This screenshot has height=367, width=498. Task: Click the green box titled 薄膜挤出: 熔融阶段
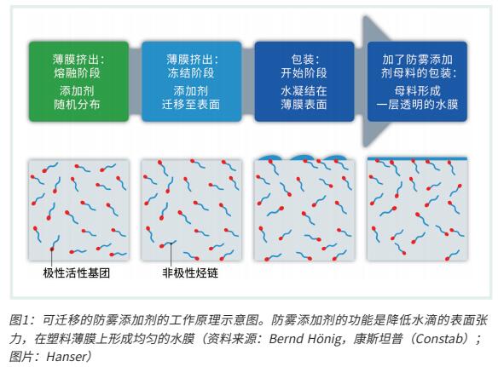pyautogui.click(x=78, y=82)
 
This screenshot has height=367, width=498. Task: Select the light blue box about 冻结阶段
pyautogui.click(x=191, y=82)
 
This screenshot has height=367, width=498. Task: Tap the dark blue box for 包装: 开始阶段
pyautogui.click(x=304, y=82)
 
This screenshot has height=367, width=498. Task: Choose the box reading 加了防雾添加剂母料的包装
pyautogui.click(x=417, y=82)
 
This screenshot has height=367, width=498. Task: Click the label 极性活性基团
pyautogui.click(x=77, y=273)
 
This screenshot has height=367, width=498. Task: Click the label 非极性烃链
pyautogui.click(x=190, y=273)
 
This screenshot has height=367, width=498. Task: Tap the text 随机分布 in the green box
pyautogui.click(x=77, y=105)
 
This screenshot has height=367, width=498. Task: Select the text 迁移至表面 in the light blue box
pyautogui.click(x=191, y=105)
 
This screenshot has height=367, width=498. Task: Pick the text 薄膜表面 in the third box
pyautogui.click(x=304, y=105)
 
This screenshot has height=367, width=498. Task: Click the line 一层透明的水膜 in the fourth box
pyautogui.click(x=417, y=105)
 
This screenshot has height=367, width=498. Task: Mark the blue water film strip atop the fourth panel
pyautogui.click(x=417, y=158)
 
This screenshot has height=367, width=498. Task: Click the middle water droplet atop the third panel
pyautogui.click(x=304, y=158)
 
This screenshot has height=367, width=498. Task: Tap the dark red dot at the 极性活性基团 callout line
pyautogui.click(x=52, y=249)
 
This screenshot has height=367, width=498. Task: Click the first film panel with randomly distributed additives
pyautogui.click(x=78, y=210)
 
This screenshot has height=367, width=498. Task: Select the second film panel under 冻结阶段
pyautogui.click(x=192, y=210)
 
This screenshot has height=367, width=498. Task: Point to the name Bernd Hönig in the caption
pyautogui.click(x=305, y=339)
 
